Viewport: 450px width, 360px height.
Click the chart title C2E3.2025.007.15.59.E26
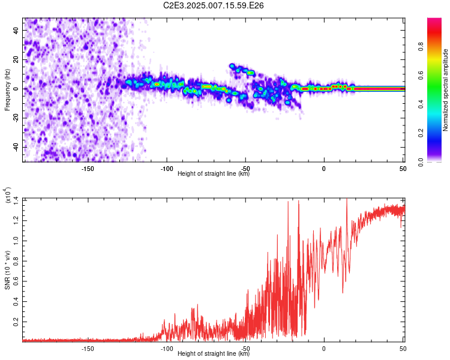213,5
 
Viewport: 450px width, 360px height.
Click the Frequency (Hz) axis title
7,90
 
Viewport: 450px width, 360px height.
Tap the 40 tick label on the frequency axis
16,31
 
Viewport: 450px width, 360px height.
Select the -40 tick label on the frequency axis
16,146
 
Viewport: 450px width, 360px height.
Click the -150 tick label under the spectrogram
88,169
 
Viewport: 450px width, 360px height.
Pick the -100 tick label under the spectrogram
166,169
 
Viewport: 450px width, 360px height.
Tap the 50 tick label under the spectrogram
403,169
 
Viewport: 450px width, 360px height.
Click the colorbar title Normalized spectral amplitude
445,90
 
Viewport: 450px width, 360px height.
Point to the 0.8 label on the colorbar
421,47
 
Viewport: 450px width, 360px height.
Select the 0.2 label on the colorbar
421,133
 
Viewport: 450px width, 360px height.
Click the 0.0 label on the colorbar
421,162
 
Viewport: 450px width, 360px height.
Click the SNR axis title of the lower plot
7,270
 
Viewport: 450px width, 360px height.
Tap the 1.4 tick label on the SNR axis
16,200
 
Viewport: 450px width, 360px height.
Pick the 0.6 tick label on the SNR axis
16,281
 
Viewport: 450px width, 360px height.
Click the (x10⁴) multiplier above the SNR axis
8,195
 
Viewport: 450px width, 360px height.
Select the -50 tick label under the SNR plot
245,349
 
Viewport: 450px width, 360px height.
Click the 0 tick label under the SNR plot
324,349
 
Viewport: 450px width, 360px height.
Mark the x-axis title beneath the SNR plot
214,353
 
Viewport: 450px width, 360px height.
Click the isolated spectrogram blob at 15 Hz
232,66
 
